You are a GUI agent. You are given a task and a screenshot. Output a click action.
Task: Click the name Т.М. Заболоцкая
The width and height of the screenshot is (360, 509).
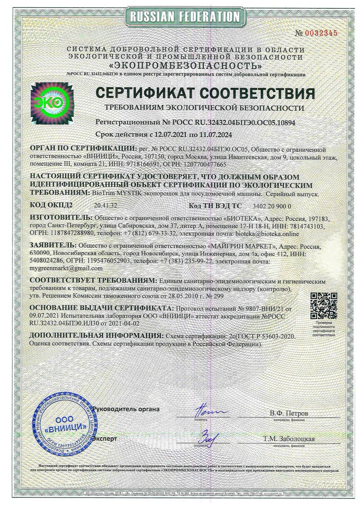tap(289, 439)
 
